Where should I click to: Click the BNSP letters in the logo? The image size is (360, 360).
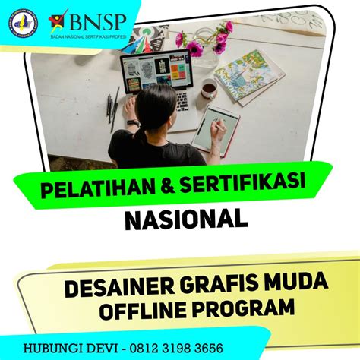(x=96, y=17)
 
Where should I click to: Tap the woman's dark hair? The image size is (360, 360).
(x=153, y=111)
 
